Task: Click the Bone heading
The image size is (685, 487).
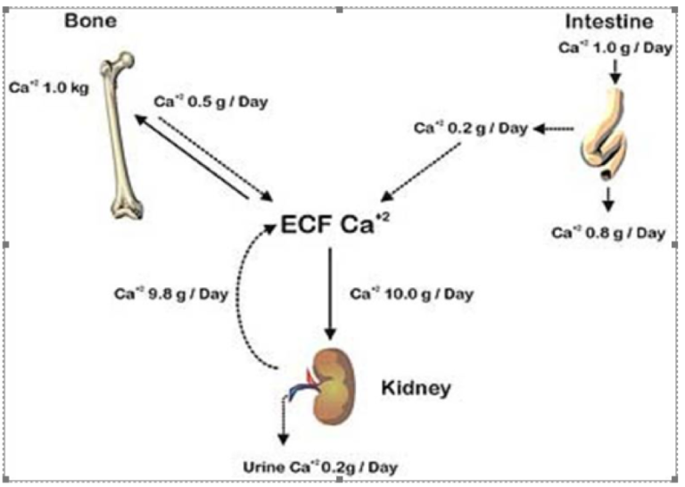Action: tap(91, 21)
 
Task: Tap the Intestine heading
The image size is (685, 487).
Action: tap(609, 21)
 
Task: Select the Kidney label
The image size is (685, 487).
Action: tap(416, 388)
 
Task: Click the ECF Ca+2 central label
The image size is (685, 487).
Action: tap(334, 225)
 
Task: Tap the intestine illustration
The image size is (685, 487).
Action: tap(605, 135)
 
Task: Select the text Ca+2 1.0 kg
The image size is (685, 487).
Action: tap(49, 87)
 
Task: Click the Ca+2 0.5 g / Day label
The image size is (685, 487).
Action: tap(210, 102)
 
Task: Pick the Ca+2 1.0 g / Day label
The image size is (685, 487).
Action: tap(615, 47)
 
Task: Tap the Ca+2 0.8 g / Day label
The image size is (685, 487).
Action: tap(608, 233)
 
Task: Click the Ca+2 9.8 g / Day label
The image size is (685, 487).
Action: tap(171, 293)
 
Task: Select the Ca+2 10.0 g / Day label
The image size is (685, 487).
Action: tap(411, 294)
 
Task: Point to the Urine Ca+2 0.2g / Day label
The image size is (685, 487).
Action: tap(320, 466)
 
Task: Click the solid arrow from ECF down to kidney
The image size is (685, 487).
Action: tap(330, 293)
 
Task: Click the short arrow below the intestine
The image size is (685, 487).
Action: tap(608, 200)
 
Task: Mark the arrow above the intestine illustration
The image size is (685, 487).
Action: tap(615, 71)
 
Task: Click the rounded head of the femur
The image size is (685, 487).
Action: tap(126, 61)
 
